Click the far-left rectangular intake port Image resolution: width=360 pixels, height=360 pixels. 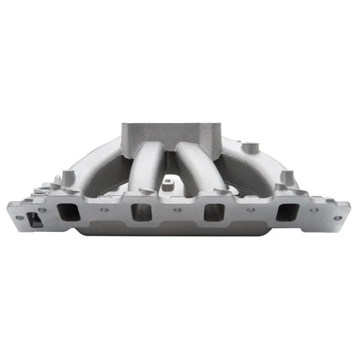68,213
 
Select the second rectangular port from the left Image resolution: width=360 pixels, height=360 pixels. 141,212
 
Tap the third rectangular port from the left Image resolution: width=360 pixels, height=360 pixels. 214,212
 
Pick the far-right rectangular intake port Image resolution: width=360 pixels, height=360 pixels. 286,212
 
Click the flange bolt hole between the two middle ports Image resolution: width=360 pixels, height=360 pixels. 177,211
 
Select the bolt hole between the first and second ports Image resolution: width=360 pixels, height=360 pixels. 104,211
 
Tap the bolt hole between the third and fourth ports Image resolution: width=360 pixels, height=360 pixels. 250,211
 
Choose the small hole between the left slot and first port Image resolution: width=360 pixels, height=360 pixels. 43,211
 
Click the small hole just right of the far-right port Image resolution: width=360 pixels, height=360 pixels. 313,211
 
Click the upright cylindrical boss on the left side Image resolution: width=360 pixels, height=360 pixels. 68,177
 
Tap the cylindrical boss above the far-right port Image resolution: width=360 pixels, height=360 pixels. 286,178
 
